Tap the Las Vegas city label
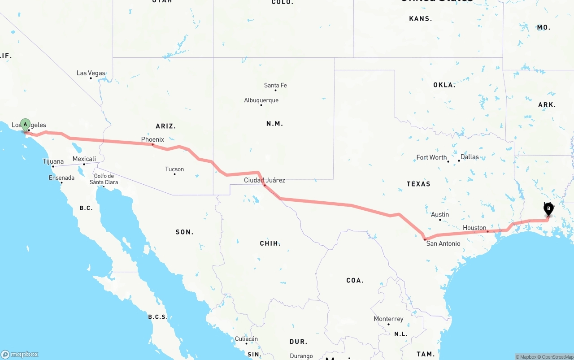91,73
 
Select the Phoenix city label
152,139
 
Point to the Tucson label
174,169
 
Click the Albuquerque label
261,100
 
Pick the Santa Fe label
275,85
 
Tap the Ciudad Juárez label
265,180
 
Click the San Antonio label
443,243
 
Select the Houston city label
474,228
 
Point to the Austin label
440,215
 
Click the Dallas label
470,157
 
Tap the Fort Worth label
431,157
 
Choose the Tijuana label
53,161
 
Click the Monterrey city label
388,319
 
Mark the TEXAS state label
418,184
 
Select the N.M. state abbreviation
274,124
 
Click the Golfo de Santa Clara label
104,179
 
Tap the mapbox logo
20,354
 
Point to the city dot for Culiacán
246,343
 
